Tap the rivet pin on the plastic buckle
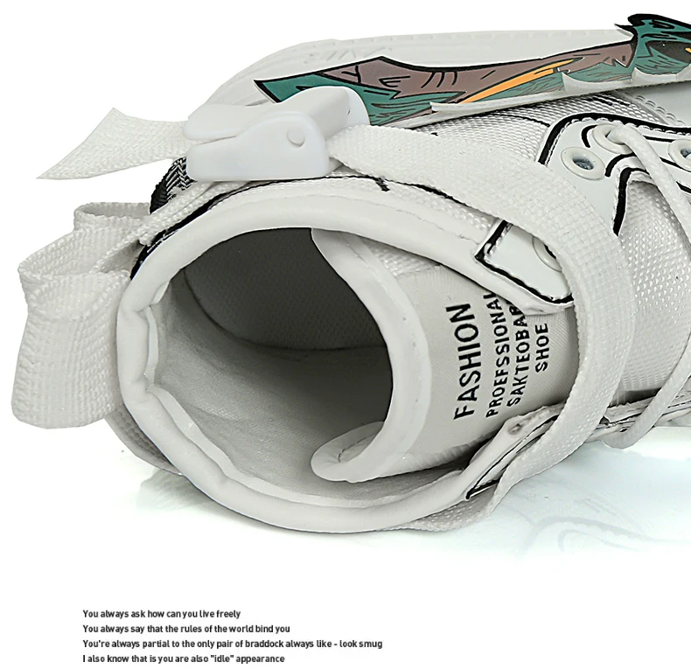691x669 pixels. coord(297,136)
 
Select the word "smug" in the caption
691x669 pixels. coord(369,644)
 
